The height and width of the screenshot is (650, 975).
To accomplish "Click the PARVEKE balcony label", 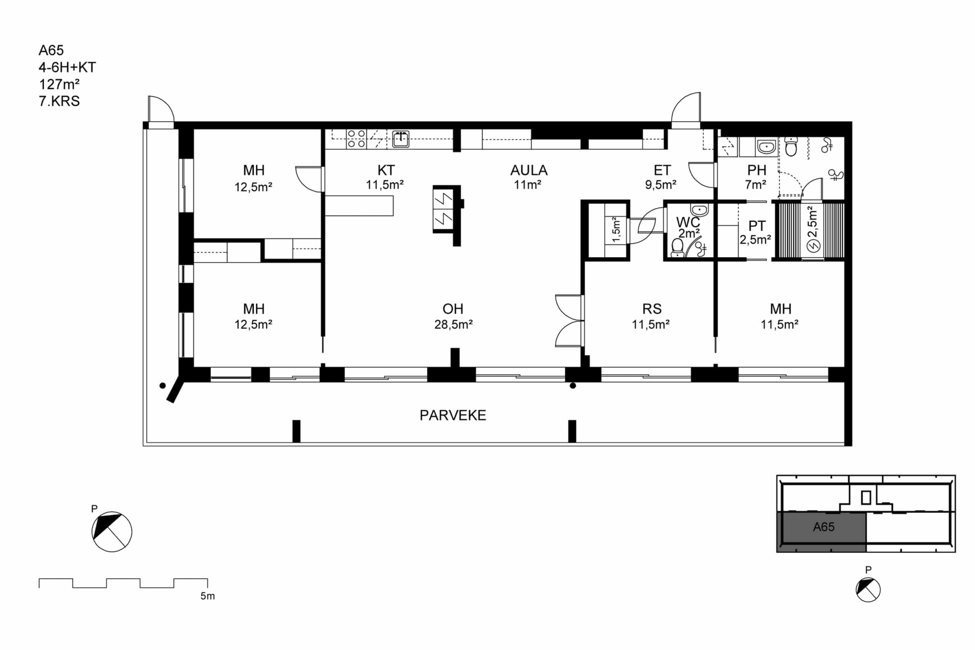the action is pyautogui.click(x=453, y=415).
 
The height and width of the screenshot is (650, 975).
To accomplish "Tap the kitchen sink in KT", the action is pyautogui.click(x=400, y=139).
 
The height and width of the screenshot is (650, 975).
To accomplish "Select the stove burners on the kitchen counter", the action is pyautogui.click(x=356, y=139).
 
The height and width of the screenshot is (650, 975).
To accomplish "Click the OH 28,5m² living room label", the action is pyautogui.click(x=453, y=316).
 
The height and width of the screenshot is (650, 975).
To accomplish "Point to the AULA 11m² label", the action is pyautogui.click(x=529, y=177).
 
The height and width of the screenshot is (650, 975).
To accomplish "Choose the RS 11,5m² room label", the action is pyautogui.click(x=651, y=316).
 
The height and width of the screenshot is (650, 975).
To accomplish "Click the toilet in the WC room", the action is pyautogui.click(x=677, y=248).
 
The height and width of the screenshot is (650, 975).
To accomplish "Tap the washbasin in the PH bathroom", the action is pyautogui.click(x=766, y=147).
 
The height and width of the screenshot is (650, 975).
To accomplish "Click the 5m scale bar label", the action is pyautogui.click(x=208, y=596).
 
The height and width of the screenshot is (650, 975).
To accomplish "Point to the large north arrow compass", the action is pyautogui.click(x=112, y=532).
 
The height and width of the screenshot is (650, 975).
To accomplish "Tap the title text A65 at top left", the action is pyautogui.click(x=51, y=51).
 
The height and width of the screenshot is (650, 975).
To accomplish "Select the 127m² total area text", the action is pyautogui.click(x=59, y=84).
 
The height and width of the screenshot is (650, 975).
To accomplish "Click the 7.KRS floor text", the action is pyautogui.click(x=59, y=101).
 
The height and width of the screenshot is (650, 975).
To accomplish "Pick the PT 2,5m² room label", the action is pyautogui.click(x=756, y=232).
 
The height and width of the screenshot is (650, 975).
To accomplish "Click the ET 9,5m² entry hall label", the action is pyautogui.click(x=661, y=177).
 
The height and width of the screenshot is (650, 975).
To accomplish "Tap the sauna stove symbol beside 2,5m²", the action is pyautogui.click(x=814, y=246).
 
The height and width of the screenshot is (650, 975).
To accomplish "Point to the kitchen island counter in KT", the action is pyautogui.click(x=359, y=206).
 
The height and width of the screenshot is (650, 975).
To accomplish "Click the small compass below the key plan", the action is pyautogui.click(x=868, y=589).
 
